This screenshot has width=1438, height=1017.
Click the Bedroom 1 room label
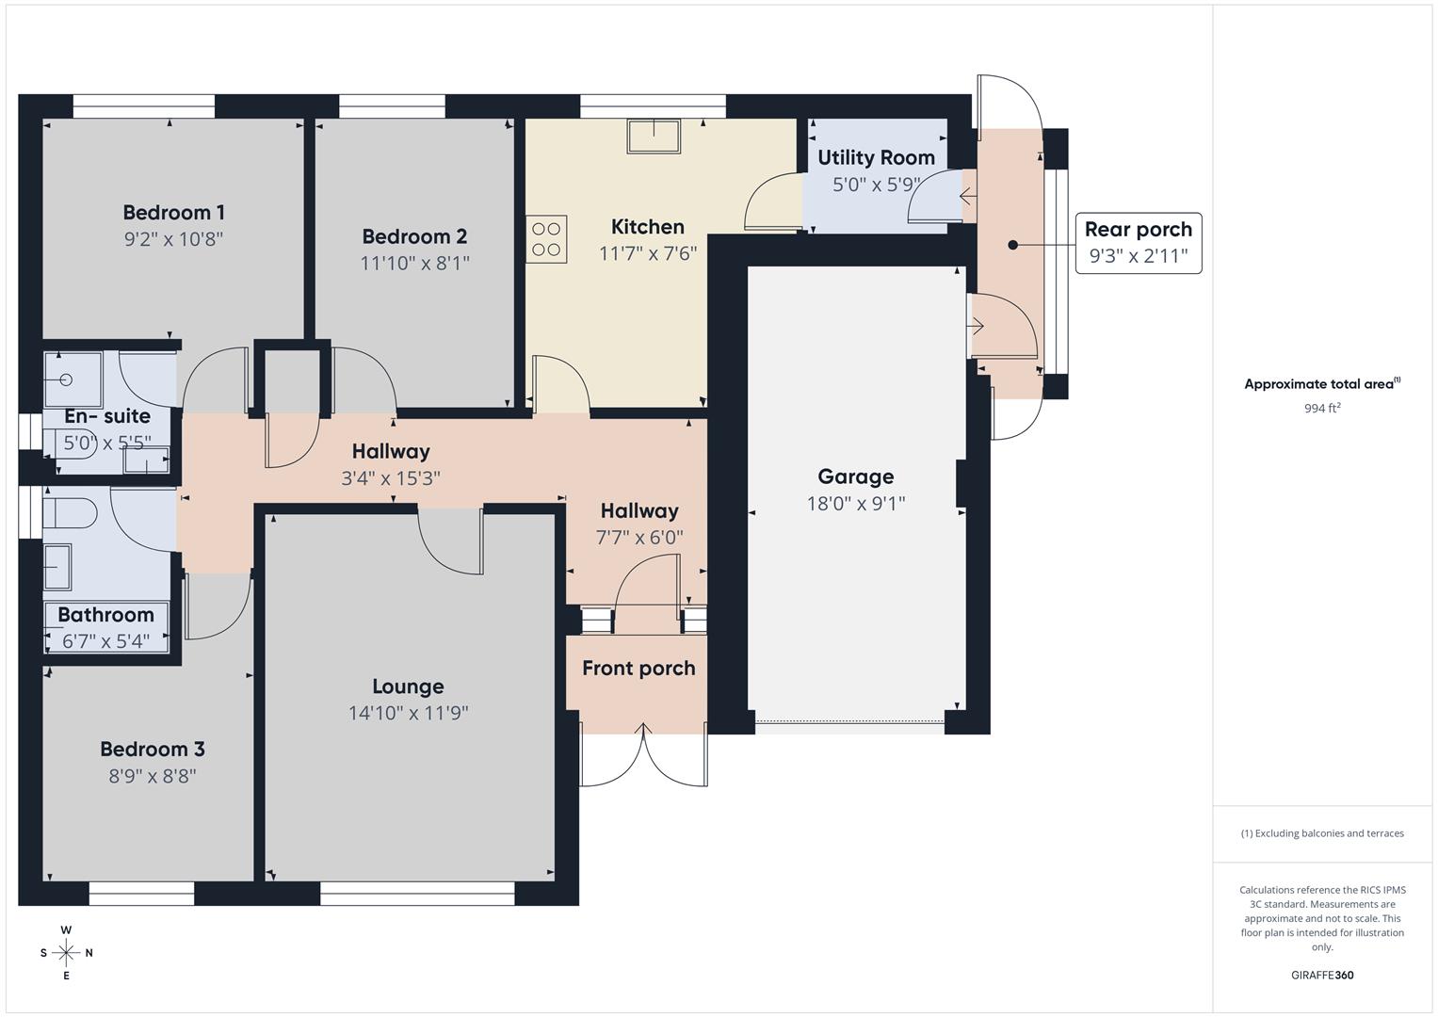pos(173,212)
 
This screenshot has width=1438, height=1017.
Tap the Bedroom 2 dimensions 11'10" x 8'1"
pos(414,263)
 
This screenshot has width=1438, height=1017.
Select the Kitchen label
pos(648,227)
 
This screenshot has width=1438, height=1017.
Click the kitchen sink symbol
pos(654,136)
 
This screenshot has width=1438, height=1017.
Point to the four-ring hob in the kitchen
pos(546,239)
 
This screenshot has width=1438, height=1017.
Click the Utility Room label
pos(876,157)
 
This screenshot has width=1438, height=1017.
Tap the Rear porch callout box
pos(1138,243)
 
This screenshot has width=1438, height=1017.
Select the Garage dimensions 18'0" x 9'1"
pos(855,504)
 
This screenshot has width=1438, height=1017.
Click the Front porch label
pos(638,669)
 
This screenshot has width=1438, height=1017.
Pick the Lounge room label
pos(408,686)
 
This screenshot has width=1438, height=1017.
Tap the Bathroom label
pos(105,615)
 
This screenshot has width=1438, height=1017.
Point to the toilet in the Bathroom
pos(72,514)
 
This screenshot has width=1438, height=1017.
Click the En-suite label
pos(107,416)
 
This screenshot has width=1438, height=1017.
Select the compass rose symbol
pos(66,953)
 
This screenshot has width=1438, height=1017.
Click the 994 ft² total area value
pos(1322,408)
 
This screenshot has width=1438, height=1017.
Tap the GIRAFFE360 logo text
pos(1322,975)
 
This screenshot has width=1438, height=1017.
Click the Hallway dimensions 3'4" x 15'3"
pos(391,478)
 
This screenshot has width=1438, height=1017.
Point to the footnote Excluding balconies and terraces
pos(1322,833)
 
